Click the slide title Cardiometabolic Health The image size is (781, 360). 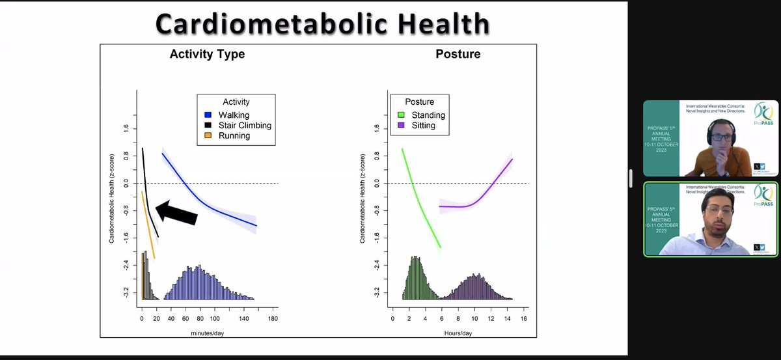tap(322, 24)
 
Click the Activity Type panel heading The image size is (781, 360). tap(207, 54)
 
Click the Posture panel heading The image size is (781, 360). tap(458, 54)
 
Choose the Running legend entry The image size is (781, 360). tap(234, 136)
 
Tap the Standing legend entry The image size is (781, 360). tap(427, 115)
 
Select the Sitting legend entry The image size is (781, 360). tap(423, 126)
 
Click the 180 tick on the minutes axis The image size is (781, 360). tap(273, 318)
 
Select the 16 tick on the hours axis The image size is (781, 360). tap(524, 318)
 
